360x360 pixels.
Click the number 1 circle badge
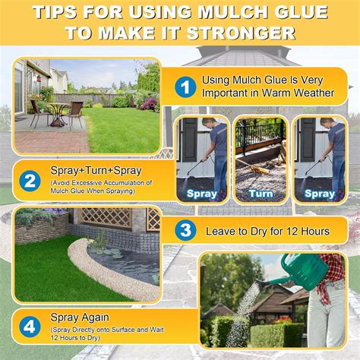185,86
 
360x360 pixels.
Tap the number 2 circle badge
30,181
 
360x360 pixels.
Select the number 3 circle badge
185,230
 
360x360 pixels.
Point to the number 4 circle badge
30,327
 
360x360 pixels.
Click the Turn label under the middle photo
261,193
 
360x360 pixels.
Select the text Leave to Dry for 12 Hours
269,230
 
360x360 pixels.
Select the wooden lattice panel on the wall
106,218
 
